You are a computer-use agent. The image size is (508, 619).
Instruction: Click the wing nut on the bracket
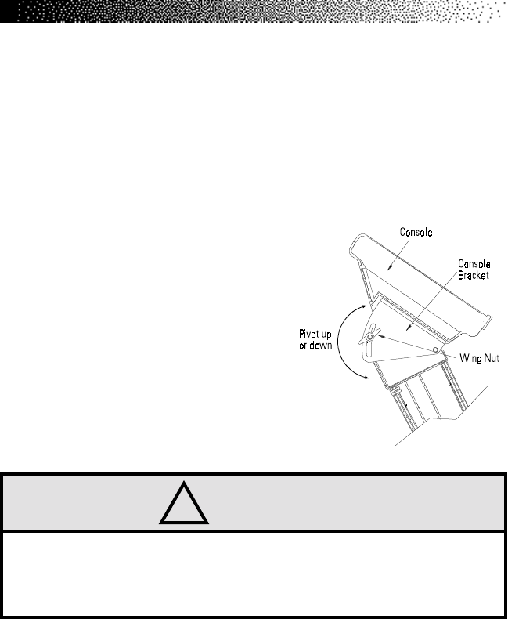(x=370, y=338)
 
